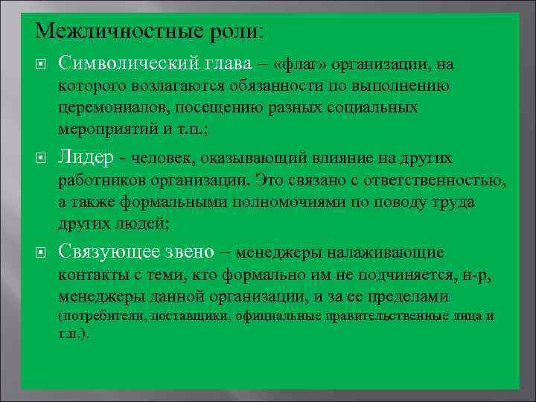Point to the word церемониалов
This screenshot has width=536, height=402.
(112, 108)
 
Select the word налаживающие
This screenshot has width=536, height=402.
(381, 253)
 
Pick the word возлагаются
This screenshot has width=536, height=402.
(185, 88)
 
